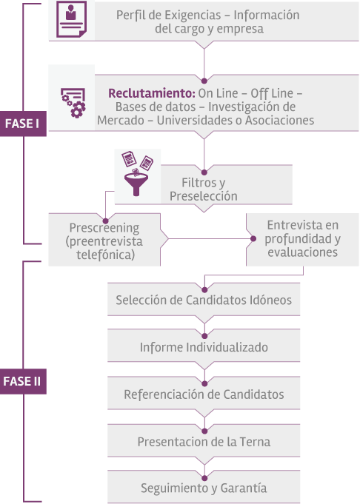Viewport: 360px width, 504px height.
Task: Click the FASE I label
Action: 23,124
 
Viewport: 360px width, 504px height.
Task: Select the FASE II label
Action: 23,382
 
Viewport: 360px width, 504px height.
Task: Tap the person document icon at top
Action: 71,19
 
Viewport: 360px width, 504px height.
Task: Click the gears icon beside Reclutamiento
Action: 73,103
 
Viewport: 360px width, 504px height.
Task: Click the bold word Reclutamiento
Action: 152,93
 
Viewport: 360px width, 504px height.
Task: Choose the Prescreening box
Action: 104,240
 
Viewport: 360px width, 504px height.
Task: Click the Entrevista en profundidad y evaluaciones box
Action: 302,239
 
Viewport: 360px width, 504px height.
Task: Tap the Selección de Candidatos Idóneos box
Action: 204,299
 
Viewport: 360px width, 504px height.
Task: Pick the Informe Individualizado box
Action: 204,346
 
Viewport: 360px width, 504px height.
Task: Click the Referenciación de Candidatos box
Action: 204,394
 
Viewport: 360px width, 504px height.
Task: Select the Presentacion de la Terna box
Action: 204,440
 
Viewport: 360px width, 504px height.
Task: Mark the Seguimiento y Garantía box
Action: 204,487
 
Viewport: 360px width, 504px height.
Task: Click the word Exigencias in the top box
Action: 193,15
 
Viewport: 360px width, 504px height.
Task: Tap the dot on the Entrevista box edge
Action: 253,239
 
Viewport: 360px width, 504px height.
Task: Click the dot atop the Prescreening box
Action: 105,221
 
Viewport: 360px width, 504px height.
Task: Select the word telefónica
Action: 105,255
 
